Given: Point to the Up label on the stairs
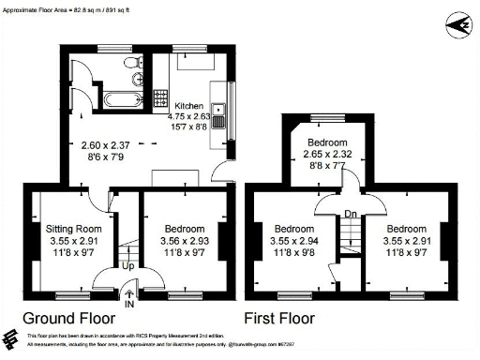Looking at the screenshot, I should pos(127,264).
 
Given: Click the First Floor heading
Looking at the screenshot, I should pos(279,317).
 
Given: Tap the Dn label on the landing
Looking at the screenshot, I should pos(351,213).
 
